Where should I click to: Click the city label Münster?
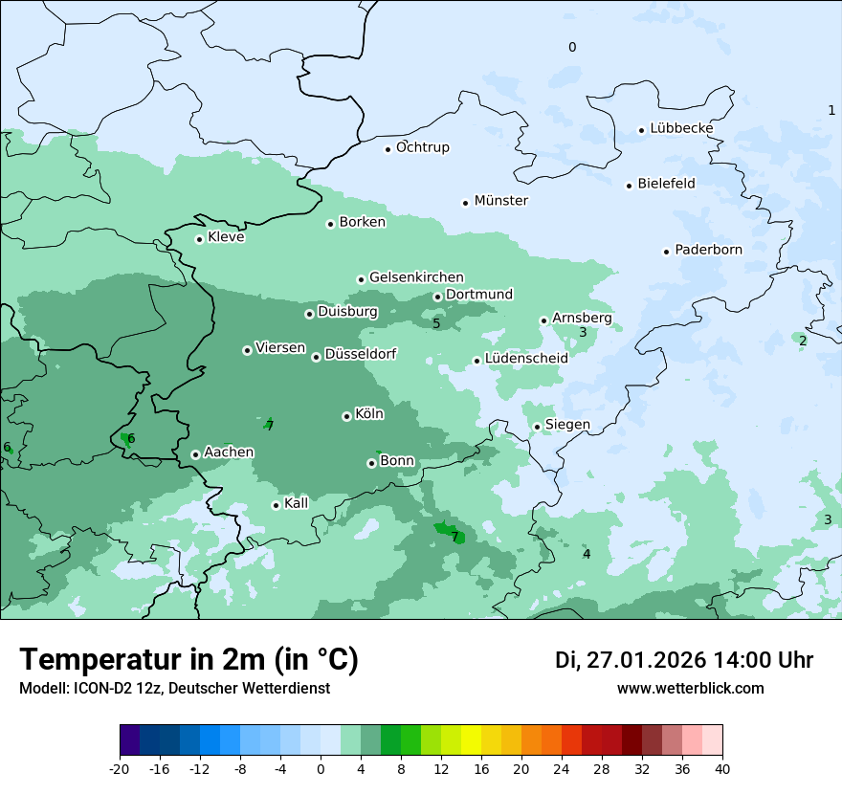click(x=500, y=201)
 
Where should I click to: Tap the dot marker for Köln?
click(x=346, y=416)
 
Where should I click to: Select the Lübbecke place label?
click(x=681, y=128)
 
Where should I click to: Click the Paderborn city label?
click(x=708, y=250)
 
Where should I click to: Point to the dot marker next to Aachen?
click(x=195, y=454)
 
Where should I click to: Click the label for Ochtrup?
click(x=422, y=147)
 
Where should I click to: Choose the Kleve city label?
click(x=226, y=237)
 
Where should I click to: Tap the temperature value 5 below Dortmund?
click(x=436, y=323)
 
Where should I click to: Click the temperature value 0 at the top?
click(x=572, y=47)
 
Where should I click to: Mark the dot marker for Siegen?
click(x=537, y=427)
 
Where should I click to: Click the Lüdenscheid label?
click(x=526, y=358)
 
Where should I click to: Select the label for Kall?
click(x=297, y=503)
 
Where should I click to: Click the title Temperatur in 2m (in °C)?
click(x=188, y=659)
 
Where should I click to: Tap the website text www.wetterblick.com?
click(x=691, y=688)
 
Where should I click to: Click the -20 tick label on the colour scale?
click(x=120, y=767)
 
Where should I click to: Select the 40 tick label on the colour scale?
click(x=722, y=767)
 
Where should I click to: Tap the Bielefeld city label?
click(x=666, y=183)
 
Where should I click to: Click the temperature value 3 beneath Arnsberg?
click(x=583, y=332)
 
